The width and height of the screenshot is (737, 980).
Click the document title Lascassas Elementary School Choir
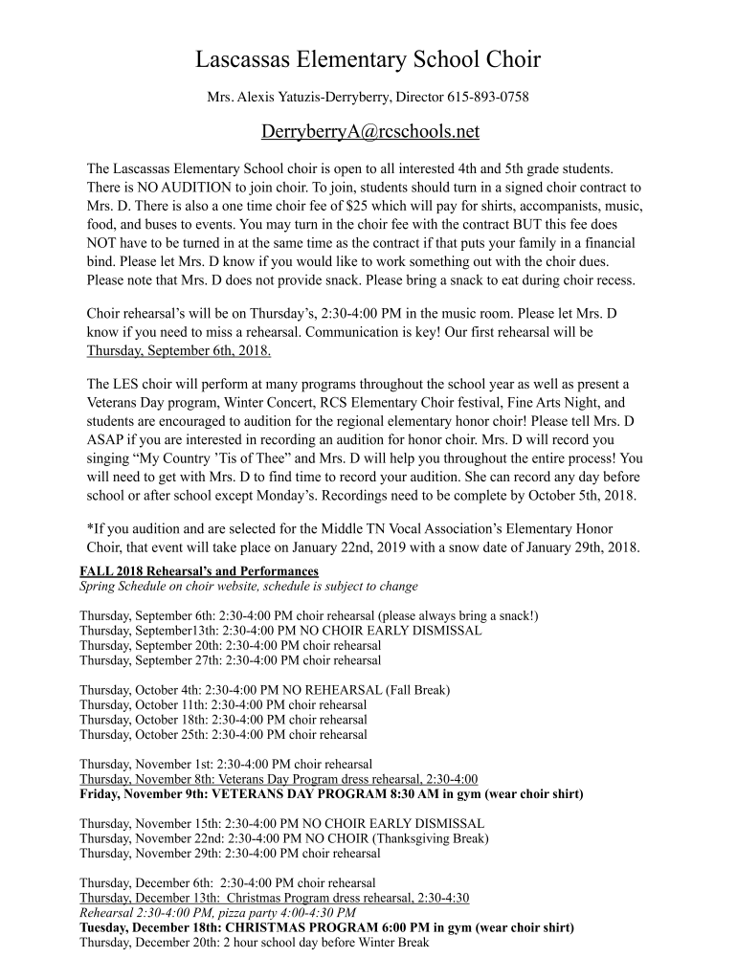(368, 60)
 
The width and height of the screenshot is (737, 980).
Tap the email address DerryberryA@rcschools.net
(369, 131)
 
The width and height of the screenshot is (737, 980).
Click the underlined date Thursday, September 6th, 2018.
(179, 351)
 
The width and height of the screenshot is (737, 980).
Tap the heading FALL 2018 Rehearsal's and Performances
(199, 571)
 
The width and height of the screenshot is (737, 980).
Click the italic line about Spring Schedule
(248, 586)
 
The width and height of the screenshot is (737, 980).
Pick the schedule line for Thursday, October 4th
(264, 689)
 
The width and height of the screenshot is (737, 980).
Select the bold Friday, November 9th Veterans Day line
(331, 794)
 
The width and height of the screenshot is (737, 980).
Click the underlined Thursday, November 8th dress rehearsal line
(279, 779)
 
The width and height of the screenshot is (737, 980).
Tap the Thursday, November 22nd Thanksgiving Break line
(283, 838)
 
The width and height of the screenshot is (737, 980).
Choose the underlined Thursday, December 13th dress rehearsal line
(275, 898)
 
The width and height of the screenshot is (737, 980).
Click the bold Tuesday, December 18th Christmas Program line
(326, 927)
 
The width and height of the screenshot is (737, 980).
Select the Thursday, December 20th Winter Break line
(255, 943)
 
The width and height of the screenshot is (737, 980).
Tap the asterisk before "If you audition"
(89, 527)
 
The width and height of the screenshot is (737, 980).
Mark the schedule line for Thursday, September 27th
(230, 660)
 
